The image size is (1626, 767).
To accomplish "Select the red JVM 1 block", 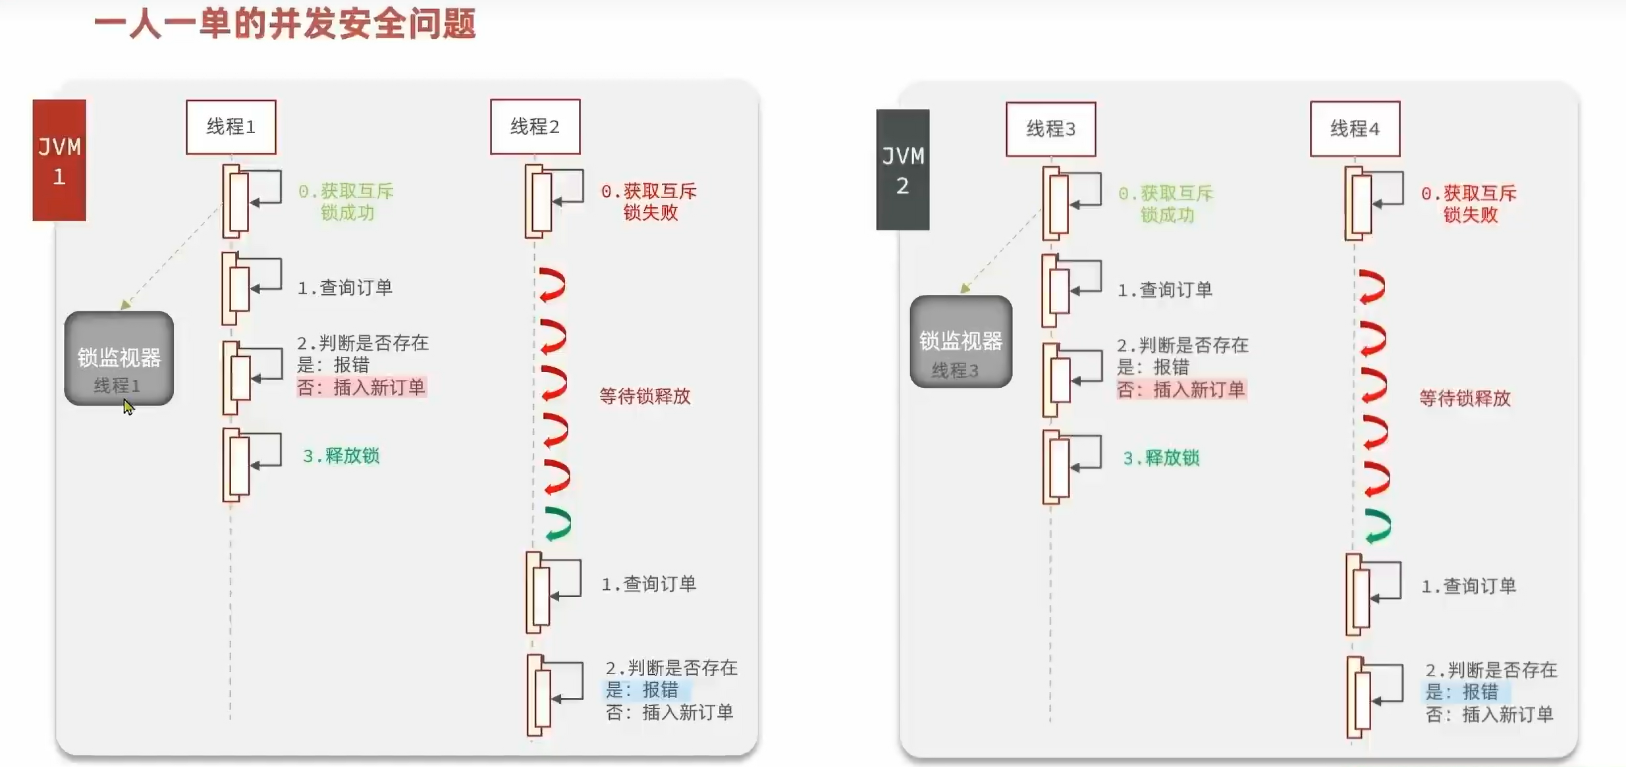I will pos(59,160).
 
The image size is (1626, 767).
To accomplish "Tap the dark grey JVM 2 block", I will pos(902,170).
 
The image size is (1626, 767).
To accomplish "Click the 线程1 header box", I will pos(230,126).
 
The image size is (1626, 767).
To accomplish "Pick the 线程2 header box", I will pos(535,126).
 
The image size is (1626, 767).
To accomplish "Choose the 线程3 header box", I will pos(1050,129).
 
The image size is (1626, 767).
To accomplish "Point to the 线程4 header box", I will pos(1355,129).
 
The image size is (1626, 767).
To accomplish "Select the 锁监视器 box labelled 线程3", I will pos(961,341).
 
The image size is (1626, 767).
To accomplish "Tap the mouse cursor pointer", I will pos(128,407).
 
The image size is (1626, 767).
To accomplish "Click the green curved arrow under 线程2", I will pos(558,524).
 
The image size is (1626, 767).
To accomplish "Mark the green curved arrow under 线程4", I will pos(1378,526).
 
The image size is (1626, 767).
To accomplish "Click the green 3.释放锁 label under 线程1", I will pos(341,456).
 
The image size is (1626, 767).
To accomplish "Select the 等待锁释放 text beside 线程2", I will pos(645,396).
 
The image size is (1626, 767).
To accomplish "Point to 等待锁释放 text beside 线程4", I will pos(1465,398).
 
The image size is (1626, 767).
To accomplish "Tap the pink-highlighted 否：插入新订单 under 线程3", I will pos(1181,390).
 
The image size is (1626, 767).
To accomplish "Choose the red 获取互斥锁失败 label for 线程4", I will pos(1469,203).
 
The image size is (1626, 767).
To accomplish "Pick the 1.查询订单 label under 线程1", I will pos(345,288).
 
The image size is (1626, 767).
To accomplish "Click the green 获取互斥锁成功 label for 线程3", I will pos(1166,203).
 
